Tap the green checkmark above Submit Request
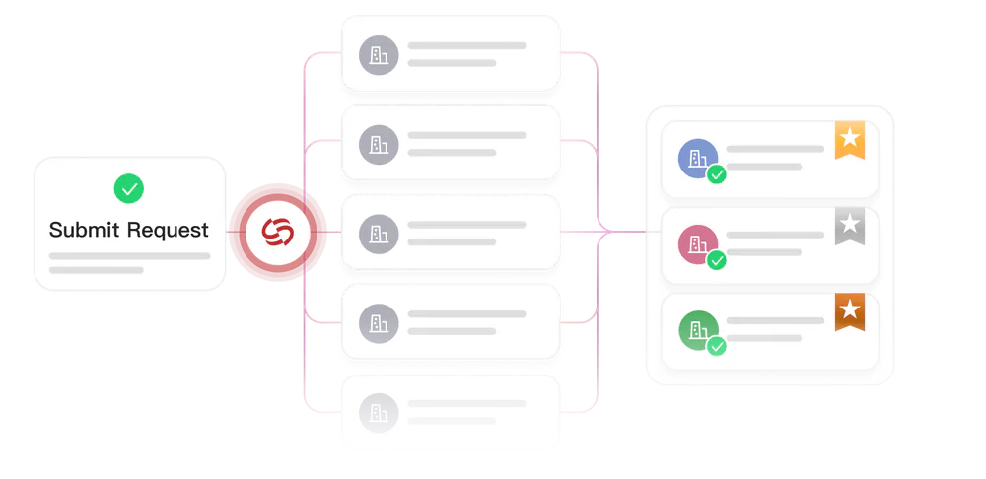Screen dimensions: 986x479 [x=129, y=188]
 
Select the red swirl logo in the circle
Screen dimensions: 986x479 [x=278, y=232]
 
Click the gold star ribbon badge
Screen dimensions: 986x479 [x=850, y=139]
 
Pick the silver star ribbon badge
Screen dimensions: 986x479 [x=850, y=225]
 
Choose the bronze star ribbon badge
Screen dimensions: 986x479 [x=850, y=310]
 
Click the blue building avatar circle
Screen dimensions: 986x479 [x=698, y=159]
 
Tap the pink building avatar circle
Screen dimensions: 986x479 [x=698, y=244]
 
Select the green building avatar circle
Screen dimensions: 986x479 [x=698, y=330]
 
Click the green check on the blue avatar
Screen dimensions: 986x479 [x=716, y=174]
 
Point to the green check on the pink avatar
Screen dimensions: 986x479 [x=716, y=260]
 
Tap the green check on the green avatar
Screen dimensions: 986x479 [x=716, y=346]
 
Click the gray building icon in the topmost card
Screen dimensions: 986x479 [x=379, y=55]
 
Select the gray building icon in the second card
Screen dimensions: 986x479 [x=379, y=145]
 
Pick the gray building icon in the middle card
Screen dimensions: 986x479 [x=379, y=234]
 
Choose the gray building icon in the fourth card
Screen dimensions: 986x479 [x=379, y=323]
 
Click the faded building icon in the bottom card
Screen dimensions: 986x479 [x=379, y=413]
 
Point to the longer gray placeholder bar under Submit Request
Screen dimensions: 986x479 [x=129, y=256]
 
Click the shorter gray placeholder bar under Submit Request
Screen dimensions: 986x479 [x=97, y=270]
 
